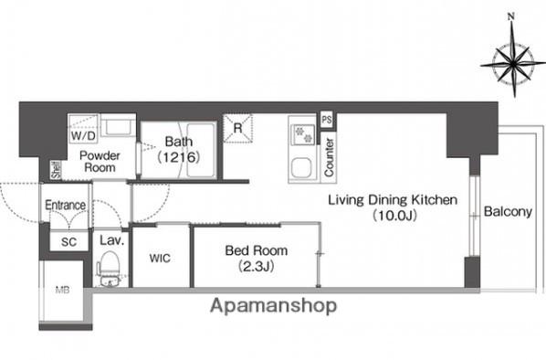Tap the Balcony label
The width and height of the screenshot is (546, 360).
(508, 212)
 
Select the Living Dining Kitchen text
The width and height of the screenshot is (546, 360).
(393, 200)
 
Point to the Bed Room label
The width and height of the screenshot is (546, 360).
(257, 250)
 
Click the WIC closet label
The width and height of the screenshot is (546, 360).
(160, 259)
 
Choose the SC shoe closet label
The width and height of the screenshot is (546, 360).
(68, 242)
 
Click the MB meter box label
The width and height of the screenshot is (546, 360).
(62, 290)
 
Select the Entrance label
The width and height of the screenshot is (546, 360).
(66, 205)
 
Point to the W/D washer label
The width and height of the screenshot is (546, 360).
(83, 135)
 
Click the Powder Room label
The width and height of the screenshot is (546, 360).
(100, 161)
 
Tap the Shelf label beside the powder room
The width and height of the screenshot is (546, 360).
(56, 170)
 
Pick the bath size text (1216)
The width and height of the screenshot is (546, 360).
(179, 157)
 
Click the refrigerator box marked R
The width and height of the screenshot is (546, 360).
(237, 128)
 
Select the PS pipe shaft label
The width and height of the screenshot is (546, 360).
(327, 120)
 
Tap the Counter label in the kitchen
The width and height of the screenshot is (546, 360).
(329, 157)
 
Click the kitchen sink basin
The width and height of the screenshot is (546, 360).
(301, 168)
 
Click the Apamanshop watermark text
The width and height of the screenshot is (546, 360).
(273, 306)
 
